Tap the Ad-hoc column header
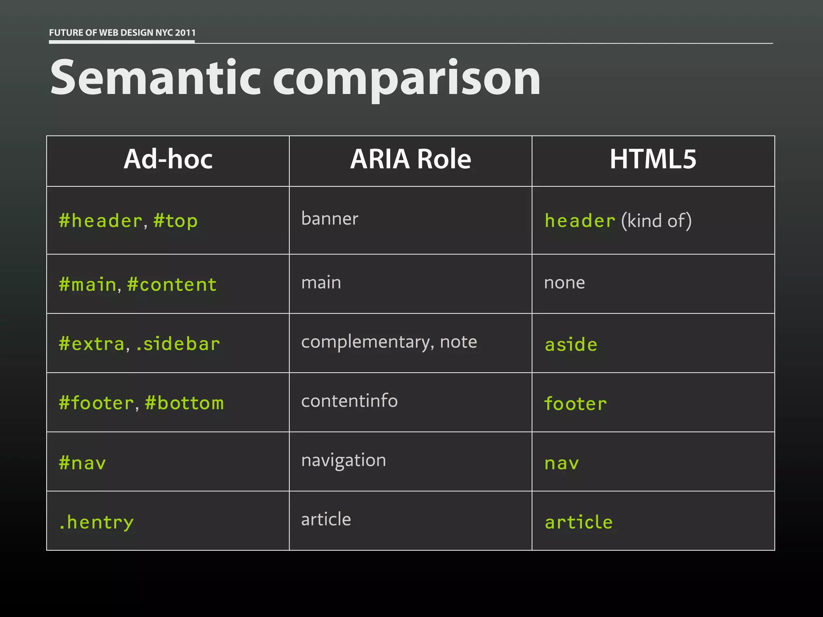(168, 159)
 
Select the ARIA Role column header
(410, 159)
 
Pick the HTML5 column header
(653, 159)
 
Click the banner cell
(330, 219)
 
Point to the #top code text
(176, 221)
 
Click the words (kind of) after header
(656, 221)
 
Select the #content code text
(172, 285)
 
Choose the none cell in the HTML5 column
(564, 283)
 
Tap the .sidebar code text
(178, 344)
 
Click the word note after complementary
(459, 342)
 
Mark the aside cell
(571, 345)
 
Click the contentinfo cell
(349, 401)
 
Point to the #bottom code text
(184, 403)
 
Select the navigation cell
(344, 460)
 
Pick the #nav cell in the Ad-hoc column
(82, 463)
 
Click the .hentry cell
(96, 522)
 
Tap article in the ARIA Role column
(326, 519)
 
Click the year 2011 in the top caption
(185, 33)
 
